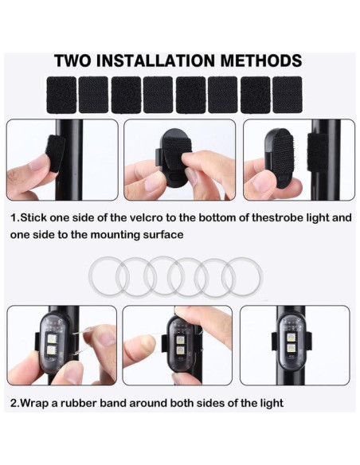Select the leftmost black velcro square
pyautogui.click(x=61, y=94)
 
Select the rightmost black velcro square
pyautogui.click(x=288, y=94)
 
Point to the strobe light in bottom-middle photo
pyautogui.click(x=179, y=344)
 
